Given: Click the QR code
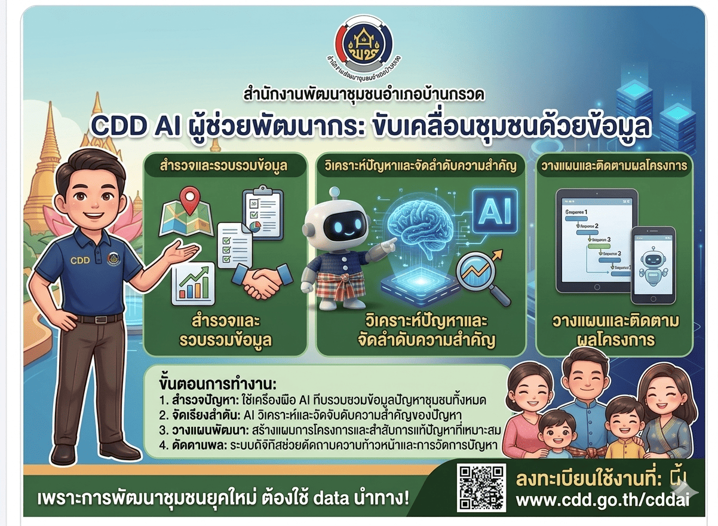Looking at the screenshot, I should pos(481,488).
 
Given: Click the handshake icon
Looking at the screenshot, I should pos(260,280).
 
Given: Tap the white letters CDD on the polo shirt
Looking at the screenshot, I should pos(79,260).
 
